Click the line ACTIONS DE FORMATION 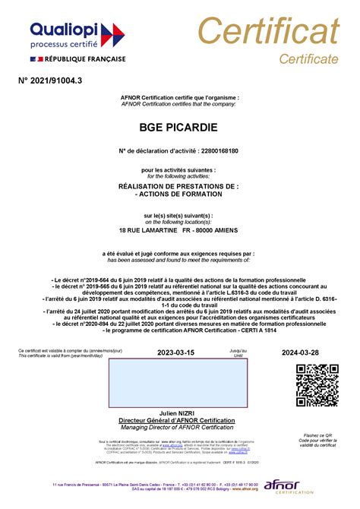pos(180,194)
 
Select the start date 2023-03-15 pos(175,353)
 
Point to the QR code pos(317,386)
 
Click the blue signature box pos(179,384)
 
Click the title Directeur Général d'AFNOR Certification pos(179,420)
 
